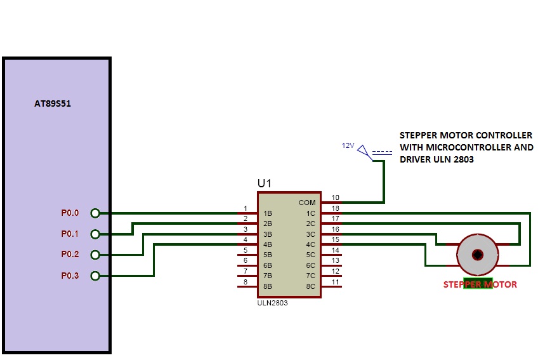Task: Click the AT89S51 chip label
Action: pyautogui.click(x=53, y=103)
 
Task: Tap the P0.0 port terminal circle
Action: pyautogui.click(x=95, y=213)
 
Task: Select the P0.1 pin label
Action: pyautogui.click(x=70, y=234)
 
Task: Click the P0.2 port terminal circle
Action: pyautogui.click(x=95, y=255)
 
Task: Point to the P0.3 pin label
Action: pyautogui.click(x=70, y=276)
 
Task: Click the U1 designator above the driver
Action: pyautogui.click(x=264, y=183)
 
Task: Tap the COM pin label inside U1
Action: pyautogui.click(x=307, y=203)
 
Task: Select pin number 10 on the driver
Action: pyautogui.click(x=335, y=197)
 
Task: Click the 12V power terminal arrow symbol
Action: pyautogui.click(x=363, y=151)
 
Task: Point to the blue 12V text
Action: pyautogui.click(x=348, y=145)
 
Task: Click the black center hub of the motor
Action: pyautogui.click(x=478, y=255)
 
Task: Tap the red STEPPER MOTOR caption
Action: pyautogui.click(x=480, y=284)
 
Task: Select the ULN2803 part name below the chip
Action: pyautogui.click(x=273, y=303)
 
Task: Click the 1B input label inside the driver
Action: pyautogui.click(x=268, y=213)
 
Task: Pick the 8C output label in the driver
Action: pyautogui.click(x=310, y=286)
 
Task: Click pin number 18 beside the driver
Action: pyautogui.click(x=335, y=208)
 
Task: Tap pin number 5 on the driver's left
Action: pyautogui.click(x=246, y=250)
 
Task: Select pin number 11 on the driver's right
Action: pyautogui.click(x=335, y=282)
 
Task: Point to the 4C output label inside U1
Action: pyautogui.click(x=310, y=244)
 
